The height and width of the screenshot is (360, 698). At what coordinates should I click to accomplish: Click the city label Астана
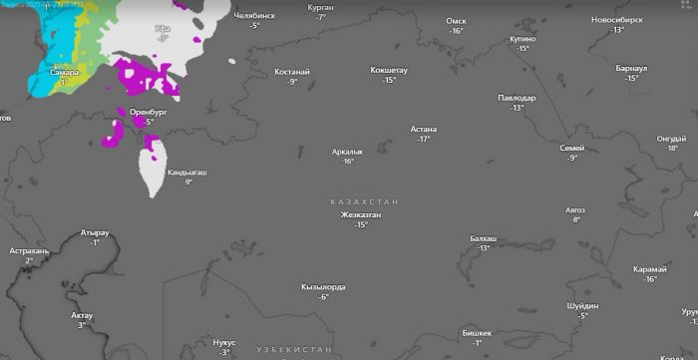click(425, 129)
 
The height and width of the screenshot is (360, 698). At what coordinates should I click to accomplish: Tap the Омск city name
click(456, 20)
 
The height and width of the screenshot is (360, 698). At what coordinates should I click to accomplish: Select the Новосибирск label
click(619, 19)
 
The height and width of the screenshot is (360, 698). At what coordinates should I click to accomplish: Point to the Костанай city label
click(292, 72)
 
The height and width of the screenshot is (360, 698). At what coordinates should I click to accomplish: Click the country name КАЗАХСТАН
click(364, 202)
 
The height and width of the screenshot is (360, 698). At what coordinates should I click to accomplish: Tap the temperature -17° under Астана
click(424, 140)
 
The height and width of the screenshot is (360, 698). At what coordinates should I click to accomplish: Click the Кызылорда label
click(323, 287)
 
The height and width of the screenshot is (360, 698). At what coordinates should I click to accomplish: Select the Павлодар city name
click(517, 98)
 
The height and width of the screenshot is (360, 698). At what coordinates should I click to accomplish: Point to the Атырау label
click(95, 232)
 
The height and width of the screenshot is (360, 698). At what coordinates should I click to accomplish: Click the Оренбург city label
click(149, 113)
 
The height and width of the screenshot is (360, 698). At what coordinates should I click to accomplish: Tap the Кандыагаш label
click(187, 173)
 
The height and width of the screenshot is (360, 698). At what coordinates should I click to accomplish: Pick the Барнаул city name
click(631, 68)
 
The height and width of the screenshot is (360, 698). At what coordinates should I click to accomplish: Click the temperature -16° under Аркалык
click(348, 162)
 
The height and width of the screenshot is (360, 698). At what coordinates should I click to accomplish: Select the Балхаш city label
click(484, 238)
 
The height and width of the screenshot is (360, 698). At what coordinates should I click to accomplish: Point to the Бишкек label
click(478, 333)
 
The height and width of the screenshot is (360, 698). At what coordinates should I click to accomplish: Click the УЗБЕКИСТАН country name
click(293, 350)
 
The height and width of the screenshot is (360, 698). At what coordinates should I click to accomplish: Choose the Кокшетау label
click(389, 70)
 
